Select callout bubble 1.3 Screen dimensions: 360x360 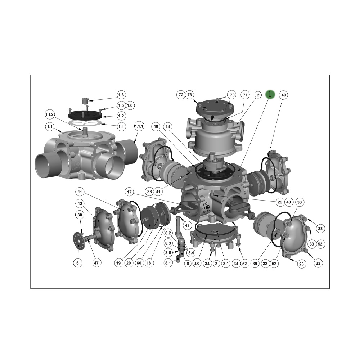121,95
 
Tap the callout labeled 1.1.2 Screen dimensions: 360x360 50,114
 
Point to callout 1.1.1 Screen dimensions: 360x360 139,126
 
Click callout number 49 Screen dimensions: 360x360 284,95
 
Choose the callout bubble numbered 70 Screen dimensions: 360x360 232,95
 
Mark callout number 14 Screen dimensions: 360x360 167,126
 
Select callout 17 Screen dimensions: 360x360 129,191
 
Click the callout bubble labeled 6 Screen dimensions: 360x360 77,263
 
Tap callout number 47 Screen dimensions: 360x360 96,263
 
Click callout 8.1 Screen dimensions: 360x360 168,263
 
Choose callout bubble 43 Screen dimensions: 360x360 187,225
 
